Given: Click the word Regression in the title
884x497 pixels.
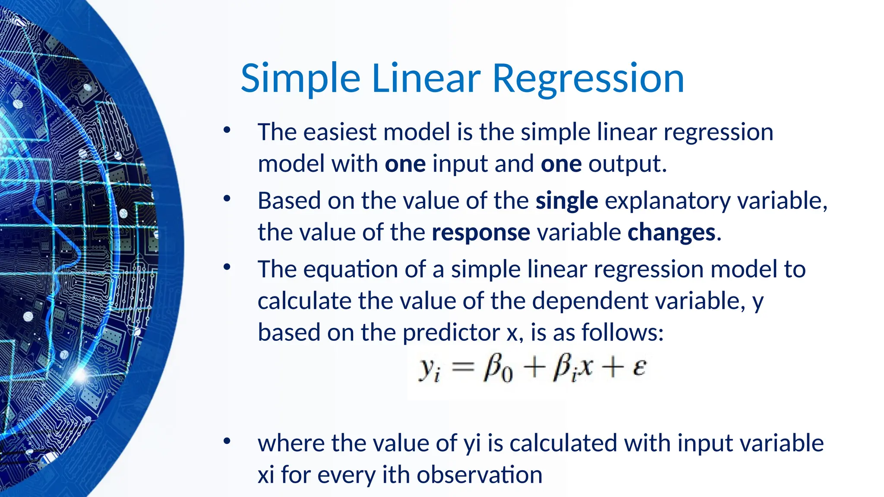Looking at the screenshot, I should click(x=588, y=79).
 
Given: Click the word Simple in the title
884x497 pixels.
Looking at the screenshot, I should click(x=300, y=79).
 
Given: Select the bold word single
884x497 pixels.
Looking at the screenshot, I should click(x=566, y=201).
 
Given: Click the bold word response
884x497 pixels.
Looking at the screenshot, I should click(x=480, y=233).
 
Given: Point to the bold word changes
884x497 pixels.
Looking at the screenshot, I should click(x=671, y=233).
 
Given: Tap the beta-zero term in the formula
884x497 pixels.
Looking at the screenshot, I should click(x=498, y=369).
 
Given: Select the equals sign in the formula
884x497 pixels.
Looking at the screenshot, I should click(x=462, y=368).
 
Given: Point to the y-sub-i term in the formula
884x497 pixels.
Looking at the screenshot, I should click(x=429, y=369).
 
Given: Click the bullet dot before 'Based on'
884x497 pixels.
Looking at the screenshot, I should click(x=227, y=199).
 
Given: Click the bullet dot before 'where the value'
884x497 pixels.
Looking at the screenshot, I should click(x=227, y=441).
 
